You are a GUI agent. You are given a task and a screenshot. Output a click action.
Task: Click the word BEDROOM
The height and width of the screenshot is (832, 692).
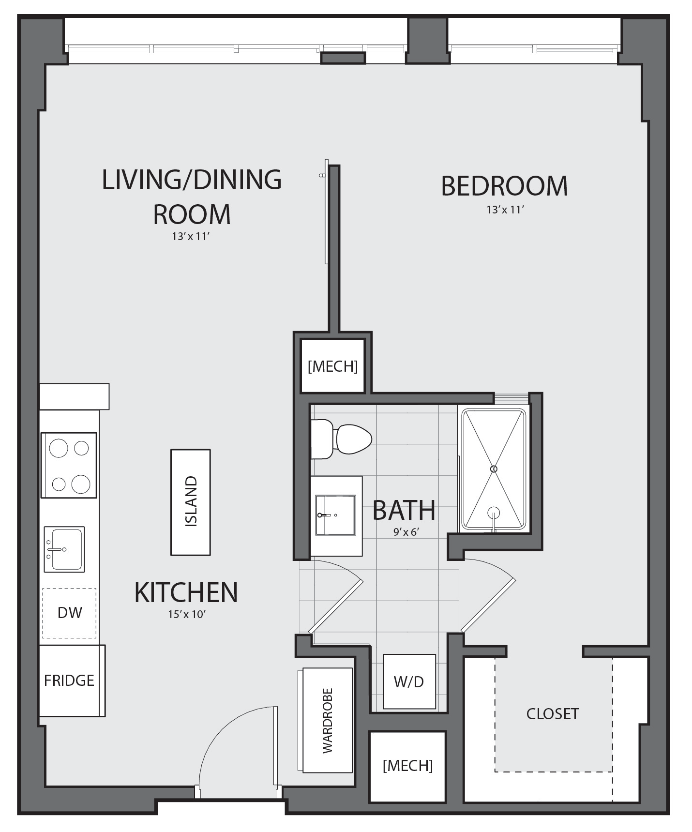coord(504,186)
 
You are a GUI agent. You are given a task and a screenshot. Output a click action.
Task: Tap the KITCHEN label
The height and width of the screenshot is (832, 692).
coord(186,592)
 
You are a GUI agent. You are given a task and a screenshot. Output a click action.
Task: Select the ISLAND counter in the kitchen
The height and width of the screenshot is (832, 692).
coord(191,502)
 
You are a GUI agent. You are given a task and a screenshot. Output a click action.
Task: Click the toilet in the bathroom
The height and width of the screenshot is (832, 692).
coord(341,439)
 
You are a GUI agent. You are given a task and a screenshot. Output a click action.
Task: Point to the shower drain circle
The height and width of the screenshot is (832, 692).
coord(494,469)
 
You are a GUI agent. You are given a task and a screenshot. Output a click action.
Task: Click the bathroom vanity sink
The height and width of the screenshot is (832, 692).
coord(335,515)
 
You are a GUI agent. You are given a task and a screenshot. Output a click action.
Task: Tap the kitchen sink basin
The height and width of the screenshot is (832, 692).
coord(64,549)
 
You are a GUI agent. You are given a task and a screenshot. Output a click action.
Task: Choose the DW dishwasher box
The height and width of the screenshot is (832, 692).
coord(69,613)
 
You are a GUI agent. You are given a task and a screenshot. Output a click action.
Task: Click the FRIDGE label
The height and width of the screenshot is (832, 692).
coord(69,681)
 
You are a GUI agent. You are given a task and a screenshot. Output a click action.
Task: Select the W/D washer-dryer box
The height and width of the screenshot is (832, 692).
coord(409,681)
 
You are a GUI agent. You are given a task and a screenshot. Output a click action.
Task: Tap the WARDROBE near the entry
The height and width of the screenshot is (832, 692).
coord(328,720)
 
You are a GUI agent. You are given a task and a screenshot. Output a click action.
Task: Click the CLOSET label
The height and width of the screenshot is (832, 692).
coord(553,713)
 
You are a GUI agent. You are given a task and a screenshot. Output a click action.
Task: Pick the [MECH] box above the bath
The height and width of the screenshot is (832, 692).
coord(332,366)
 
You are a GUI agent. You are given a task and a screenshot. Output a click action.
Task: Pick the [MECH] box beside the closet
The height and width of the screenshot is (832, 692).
coord(407,766)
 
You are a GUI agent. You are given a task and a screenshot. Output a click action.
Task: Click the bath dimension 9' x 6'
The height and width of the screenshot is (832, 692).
coord(406,532)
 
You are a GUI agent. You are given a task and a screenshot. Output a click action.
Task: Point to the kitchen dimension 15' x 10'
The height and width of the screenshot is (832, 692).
coord(187,614)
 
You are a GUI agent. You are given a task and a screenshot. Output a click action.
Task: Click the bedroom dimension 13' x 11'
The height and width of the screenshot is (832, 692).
coord(506,210)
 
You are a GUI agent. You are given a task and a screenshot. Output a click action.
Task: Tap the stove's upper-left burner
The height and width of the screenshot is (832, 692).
coord(59,448)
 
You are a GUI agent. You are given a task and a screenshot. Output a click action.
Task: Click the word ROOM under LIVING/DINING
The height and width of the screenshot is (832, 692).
coord(192,214)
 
